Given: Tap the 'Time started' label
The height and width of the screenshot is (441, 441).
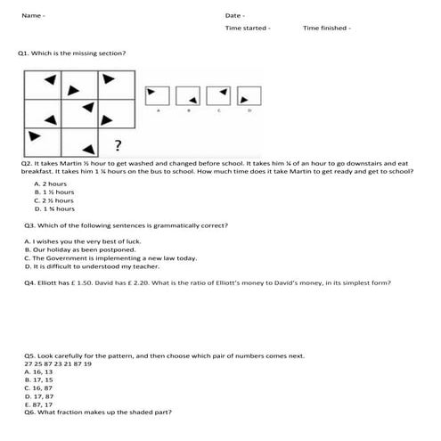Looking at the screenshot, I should point(247,29).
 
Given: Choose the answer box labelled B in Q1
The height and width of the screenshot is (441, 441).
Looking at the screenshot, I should point(188,94).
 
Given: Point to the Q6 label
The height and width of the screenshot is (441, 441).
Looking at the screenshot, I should point(29,412).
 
